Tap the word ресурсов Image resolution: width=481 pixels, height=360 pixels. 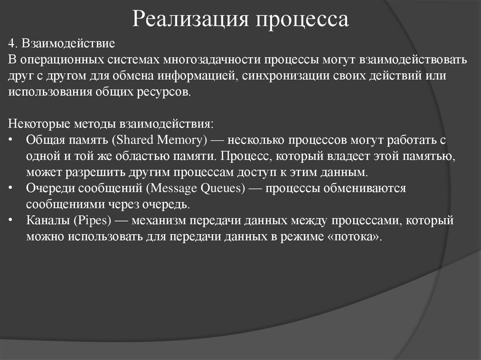pyautogui.click(x=168, y=91)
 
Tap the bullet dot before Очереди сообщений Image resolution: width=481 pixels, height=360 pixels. pyautogui.click(x=11, y=188)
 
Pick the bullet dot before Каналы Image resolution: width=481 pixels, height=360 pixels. pyautogui.click(x=11, y=220)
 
